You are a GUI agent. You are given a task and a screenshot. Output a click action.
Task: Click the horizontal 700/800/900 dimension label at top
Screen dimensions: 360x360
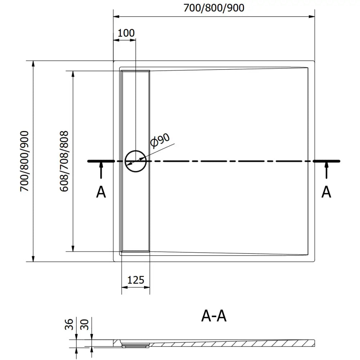tap(214, 8)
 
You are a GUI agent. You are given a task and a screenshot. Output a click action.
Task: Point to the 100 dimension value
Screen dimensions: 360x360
tap(126, 33)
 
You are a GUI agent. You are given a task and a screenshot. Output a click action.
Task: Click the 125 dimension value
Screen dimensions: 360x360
tap(136, 280)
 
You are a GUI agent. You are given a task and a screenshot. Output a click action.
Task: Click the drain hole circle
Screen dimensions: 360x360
tap(135, 161)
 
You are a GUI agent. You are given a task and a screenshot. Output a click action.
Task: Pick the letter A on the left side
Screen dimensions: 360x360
tap(101, 192)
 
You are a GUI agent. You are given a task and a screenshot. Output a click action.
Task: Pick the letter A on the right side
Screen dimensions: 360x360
tap(326, 192)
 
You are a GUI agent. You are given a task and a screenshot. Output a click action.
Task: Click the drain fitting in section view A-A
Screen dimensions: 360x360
tap(135, 345)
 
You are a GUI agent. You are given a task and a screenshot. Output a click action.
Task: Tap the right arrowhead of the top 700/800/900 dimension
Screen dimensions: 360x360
tap(312, 16)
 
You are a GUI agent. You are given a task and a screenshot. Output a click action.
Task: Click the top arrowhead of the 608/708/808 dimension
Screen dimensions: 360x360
tap(73, 73)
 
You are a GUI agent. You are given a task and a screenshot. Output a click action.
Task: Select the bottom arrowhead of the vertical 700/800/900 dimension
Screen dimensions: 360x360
tap(33, 258)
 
